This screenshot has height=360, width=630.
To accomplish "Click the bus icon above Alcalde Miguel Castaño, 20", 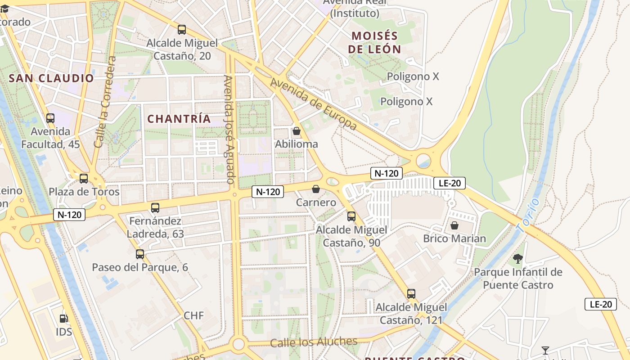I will pos(182,30).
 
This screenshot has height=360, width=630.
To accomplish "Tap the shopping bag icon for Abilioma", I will pos(297,131).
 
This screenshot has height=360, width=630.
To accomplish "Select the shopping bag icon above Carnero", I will pos(316,189).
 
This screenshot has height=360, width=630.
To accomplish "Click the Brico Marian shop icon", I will pos(454,225).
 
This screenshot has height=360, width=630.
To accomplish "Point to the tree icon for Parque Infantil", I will pos(518,258).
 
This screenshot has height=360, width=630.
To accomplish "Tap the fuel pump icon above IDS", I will pos(64,319).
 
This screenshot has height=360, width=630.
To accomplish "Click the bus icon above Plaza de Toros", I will pos(84,178).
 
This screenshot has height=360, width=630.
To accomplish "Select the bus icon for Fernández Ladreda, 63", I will pos(155,208).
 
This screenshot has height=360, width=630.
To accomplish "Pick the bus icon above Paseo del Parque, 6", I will pos(140,254).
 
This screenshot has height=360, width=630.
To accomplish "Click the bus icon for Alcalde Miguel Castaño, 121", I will pos(411,294).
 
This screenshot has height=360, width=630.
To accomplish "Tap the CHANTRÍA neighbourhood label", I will pos(179,119).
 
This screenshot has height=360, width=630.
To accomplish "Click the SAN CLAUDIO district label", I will pos(51,78).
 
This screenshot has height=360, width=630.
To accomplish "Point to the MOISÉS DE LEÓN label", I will pos(374,42).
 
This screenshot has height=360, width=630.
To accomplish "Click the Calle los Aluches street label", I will pos(314,342).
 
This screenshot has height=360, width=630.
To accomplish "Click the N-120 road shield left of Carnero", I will pos(268,192).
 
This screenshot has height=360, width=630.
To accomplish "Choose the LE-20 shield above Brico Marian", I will pos(449,183).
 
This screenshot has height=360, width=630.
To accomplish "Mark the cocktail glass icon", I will pos(545,350).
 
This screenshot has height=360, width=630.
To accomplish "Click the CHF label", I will pos(193,315).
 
